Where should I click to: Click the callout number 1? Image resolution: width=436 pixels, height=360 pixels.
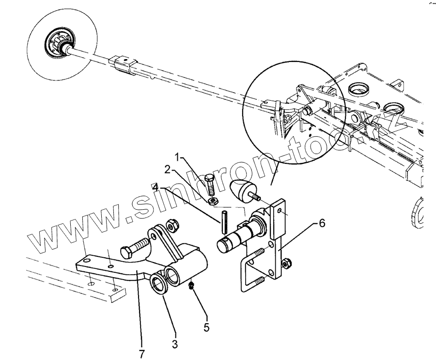(179, 157)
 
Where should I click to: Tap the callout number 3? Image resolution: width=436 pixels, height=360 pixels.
(174, 344)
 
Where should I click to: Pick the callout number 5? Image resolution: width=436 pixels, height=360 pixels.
(206, 327)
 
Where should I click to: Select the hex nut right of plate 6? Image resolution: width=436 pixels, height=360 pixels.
(286, 265)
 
